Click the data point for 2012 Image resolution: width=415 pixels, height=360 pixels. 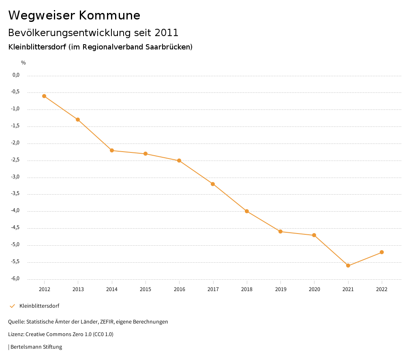coord(44,96)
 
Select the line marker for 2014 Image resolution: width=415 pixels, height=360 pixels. coord(112,150)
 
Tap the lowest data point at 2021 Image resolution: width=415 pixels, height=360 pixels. coord(348,266)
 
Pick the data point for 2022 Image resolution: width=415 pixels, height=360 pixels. coord(382,252)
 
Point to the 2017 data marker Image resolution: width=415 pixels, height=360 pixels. coord(213,184)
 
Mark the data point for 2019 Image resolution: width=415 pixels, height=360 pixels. coord(280,231)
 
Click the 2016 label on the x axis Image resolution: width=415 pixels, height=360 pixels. coord(179,289)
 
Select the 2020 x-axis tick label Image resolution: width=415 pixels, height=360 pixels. coord(314,289)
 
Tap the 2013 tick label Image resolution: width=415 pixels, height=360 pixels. coord(78,289)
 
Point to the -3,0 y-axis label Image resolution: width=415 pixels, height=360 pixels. coord(15,177)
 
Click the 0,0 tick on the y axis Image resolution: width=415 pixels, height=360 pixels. coord(16,75)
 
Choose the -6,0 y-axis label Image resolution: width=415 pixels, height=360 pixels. coord(15,279)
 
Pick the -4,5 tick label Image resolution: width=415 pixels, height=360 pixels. coord(15,228)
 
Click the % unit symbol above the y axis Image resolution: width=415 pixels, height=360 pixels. coord(24,63)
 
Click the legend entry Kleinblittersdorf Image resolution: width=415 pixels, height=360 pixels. coord(39,306)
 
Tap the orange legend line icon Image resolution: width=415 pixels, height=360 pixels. coord(12,306)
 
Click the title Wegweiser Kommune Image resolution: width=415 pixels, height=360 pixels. coord(74,15)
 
